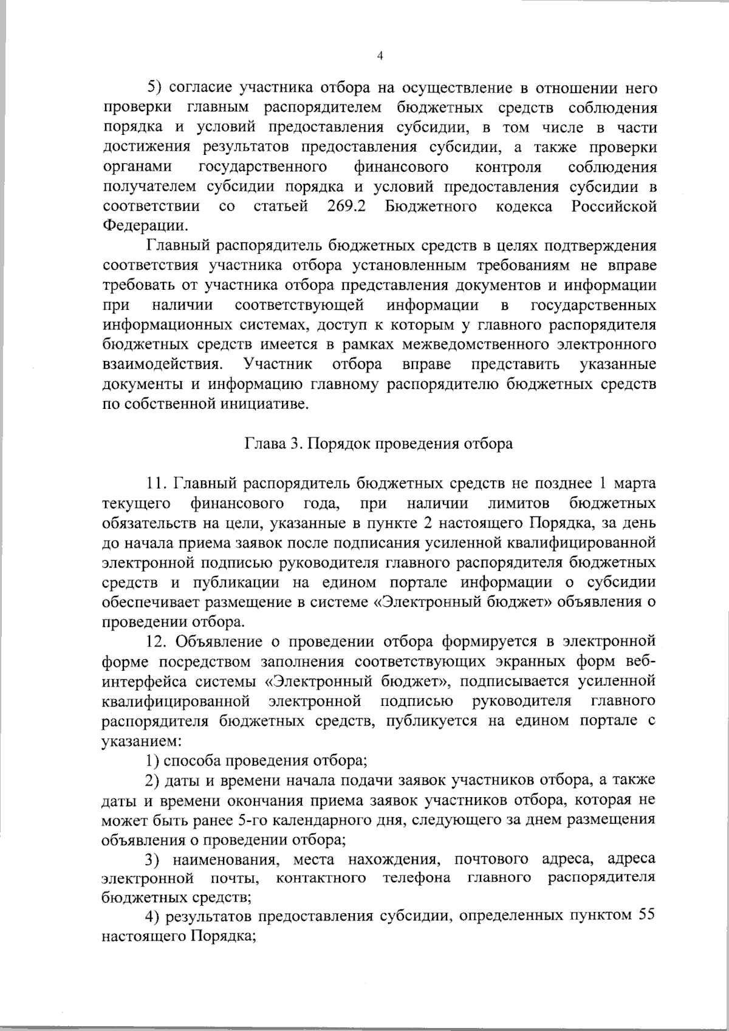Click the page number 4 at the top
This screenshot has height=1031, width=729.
(x=380, y=56)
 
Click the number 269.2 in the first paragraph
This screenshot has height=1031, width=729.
(x=346, y=206)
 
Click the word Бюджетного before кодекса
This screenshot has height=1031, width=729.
(x=431, y=206)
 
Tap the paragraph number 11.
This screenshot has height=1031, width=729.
(x=157, y=484)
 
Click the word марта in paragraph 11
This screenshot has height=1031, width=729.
(x=635, y=484)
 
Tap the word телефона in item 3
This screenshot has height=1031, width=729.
(x=417, y=879)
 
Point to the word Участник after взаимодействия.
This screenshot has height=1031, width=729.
(x=278, y=365)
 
